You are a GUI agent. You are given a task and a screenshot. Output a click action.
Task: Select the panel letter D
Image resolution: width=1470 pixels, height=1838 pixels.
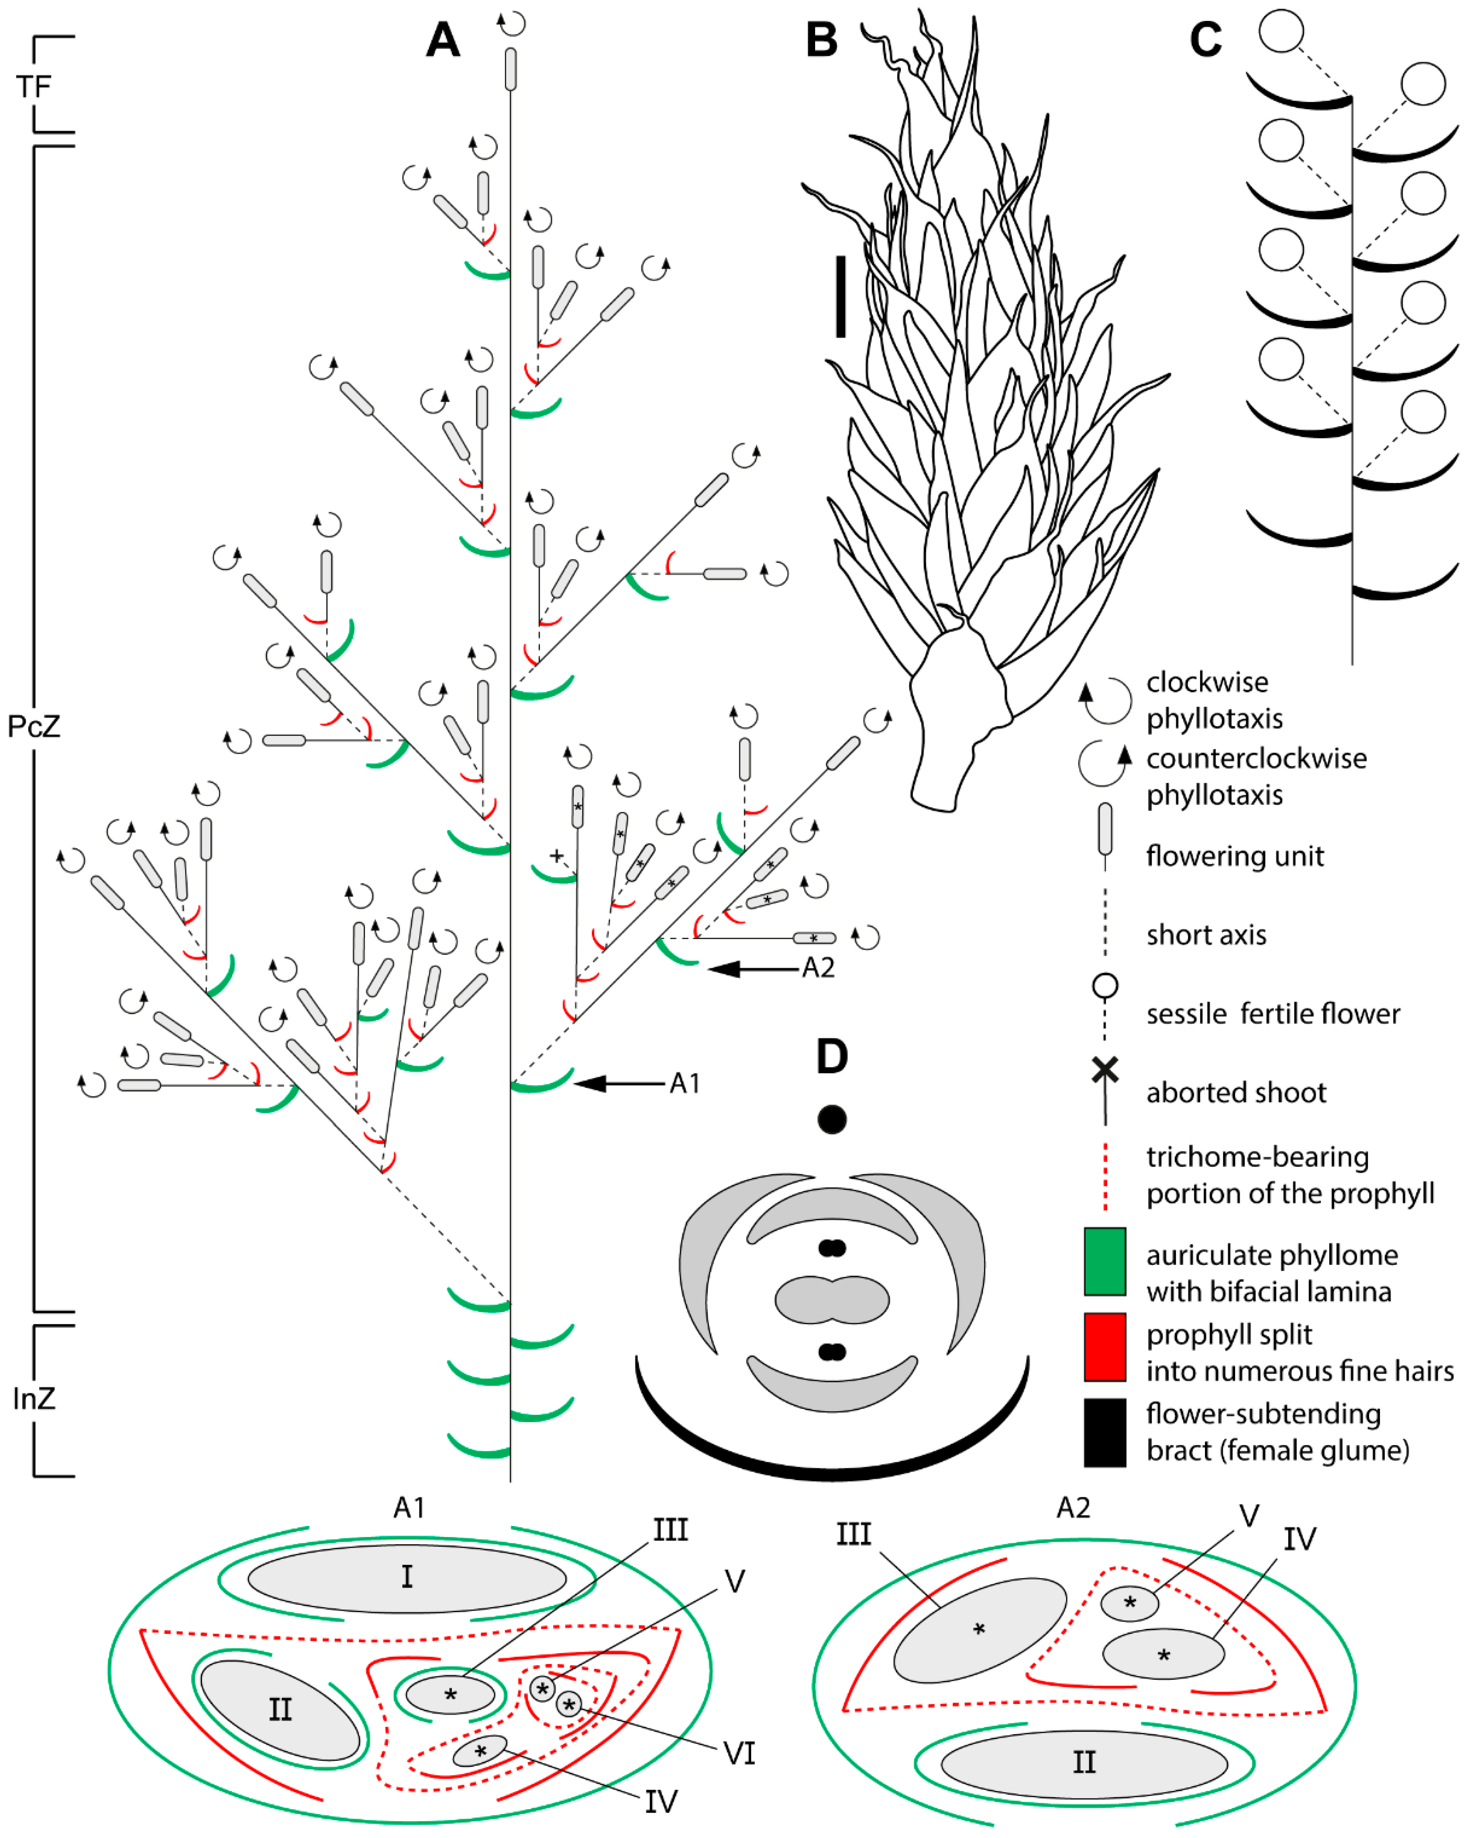pos(832,1057)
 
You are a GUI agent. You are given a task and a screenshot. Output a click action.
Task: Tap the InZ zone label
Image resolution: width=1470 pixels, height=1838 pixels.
pos(34,1399)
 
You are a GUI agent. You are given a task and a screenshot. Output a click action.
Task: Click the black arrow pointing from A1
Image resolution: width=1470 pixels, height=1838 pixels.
pos(618,1083)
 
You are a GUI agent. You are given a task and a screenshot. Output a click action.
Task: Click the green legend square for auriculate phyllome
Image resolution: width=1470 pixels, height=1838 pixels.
pos(1104,1262)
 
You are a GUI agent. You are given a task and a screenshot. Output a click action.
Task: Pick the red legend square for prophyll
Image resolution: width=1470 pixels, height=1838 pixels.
pos(1104,1347)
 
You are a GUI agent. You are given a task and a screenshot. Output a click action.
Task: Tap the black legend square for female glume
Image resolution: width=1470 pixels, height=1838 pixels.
pos(1104,1432)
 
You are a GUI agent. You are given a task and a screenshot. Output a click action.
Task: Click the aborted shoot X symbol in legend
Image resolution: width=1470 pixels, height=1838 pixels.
pos(1105,1069)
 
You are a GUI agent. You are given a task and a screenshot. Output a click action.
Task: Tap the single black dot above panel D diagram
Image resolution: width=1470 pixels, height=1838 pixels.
pos(832,1119)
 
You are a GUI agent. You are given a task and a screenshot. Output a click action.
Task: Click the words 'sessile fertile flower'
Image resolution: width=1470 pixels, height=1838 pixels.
pos(1272,1015)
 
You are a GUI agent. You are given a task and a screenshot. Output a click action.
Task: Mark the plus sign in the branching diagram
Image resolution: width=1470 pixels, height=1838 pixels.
pos(556,855)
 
